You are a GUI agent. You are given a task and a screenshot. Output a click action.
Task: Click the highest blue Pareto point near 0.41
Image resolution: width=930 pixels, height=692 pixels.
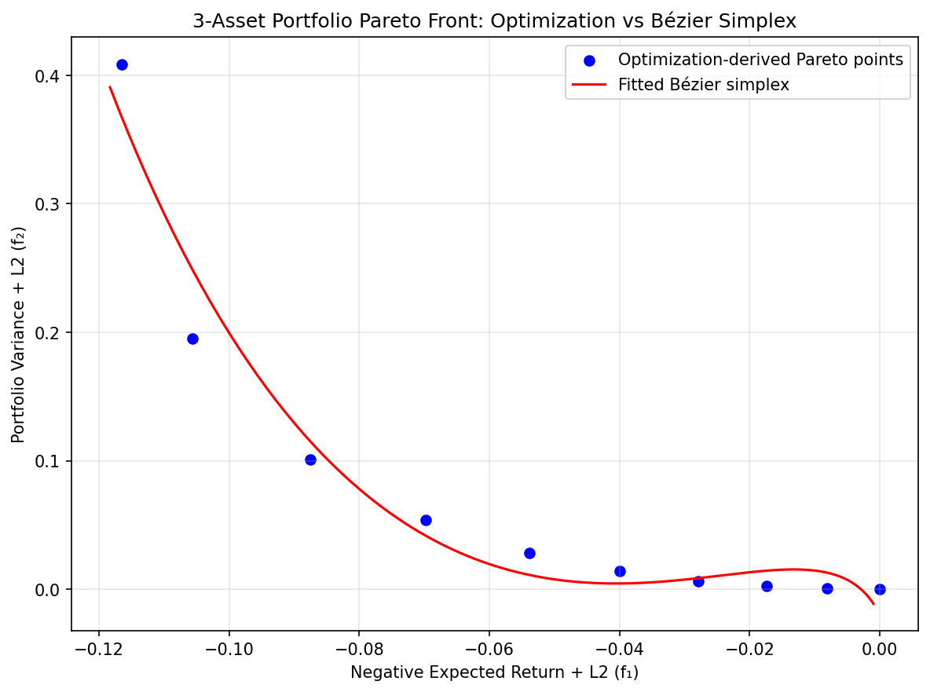(x=122, y=64)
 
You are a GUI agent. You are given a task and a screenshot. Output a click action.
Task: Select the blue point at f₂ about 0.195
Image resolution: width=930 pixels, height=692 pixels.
(x=192, y=339)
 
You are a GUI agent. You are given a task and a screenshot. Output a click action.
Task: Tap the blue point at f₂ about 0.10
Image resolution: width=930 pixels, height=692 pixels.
(x=310, y=460)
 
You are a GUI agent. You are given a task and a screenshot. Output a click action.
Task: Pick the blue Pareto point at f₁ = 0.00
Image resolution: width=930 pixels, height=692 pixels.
(x=880, y=589)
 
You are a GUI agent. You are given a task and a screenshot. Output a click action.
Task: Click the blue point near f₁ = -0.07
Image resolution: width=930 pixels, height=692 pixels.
(x=426, y=520)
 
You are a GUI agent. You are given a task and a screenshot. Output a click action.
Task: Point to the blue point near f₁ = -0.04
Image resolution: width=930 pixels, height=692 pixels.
(x=620, y=571)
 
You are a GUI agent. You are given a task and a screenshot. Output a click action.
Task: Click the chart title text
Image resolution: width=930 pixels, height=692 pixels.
(x=495, y=21)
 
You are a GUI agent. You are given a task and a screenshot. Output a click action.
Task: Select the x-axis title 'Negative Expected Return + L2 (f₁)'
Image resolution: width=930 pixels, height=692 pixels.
(x=495, y=672)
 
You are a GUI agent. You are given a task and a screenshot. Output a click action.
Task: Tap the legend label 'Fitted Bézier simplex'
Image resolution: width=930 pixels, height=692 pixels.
(x=704, y=85)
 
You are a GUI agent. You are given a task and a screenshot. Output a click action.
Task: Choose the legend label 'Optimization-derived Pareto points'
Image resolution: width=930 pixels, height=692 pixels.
(x=760, y=60)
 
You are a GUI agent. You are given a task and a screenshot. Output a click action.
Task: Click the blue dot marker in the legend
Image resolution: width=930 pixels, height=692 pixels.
(x=589, y=60)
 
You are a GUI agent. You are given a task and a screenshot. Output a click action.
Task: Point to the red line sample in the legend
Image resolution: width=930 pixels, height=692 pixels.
(x=589, y=85)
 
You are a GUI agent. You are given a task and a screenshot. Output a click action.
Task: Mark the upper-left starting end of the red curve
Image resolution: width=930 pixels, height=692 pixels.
(x=110, y=86)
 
